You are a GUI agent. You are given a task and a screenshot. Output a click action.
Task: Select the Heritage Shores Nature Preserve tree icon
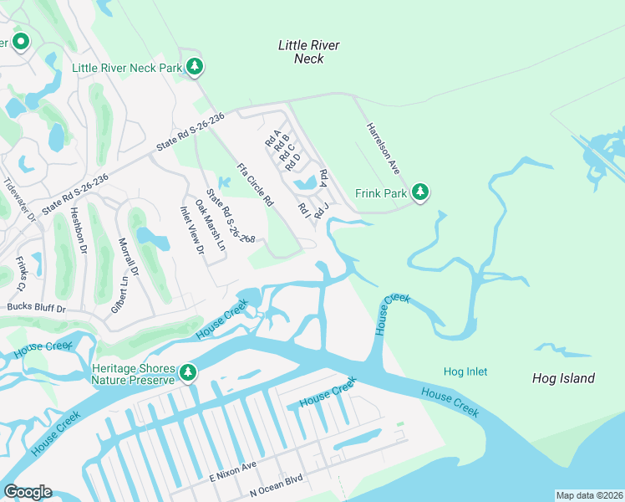coord(188,371)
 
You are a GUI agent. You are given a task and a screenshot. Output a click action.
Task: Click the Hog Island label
coord(563,378)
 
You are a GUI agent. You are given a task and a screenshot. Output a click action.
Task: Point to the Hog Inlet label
coord(465,371)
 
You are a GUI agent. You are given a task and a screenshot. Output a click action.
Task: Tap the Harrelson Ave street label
coord(384,148)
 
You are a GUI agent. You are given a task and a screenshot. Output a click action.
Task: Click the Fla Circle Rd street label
coord(256,184)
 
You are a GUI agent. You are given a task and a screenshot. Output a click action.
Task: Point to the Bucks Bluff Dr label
coord(36,308)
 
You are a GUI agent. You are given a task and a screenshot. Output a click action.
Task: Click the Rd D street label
coord(292,161)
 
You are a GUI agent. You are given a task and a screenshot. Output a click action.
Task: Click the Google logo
coord(28,492)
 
